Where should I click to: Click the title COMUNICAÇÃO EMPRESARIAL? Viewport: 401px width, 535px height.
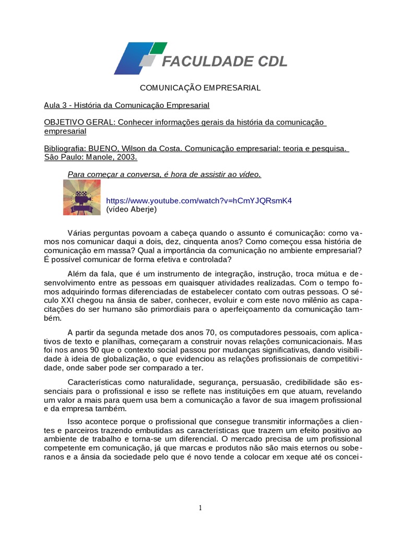click(x=200, y=88)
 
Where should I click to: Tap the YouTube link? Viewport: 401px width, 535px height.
click(x=199, y=201)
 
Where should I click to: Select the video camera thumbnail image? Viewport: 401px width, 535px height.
click(x=81, y=197)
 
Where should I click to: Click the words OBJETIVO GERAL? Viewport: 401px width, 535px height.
click(x=79, y=122)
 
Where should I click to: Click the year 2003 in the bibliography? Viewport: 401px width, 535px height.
click(x=128, y=157)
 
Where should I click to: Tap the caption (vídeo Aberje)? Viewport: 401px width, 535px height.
click(x=131, y=209)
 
